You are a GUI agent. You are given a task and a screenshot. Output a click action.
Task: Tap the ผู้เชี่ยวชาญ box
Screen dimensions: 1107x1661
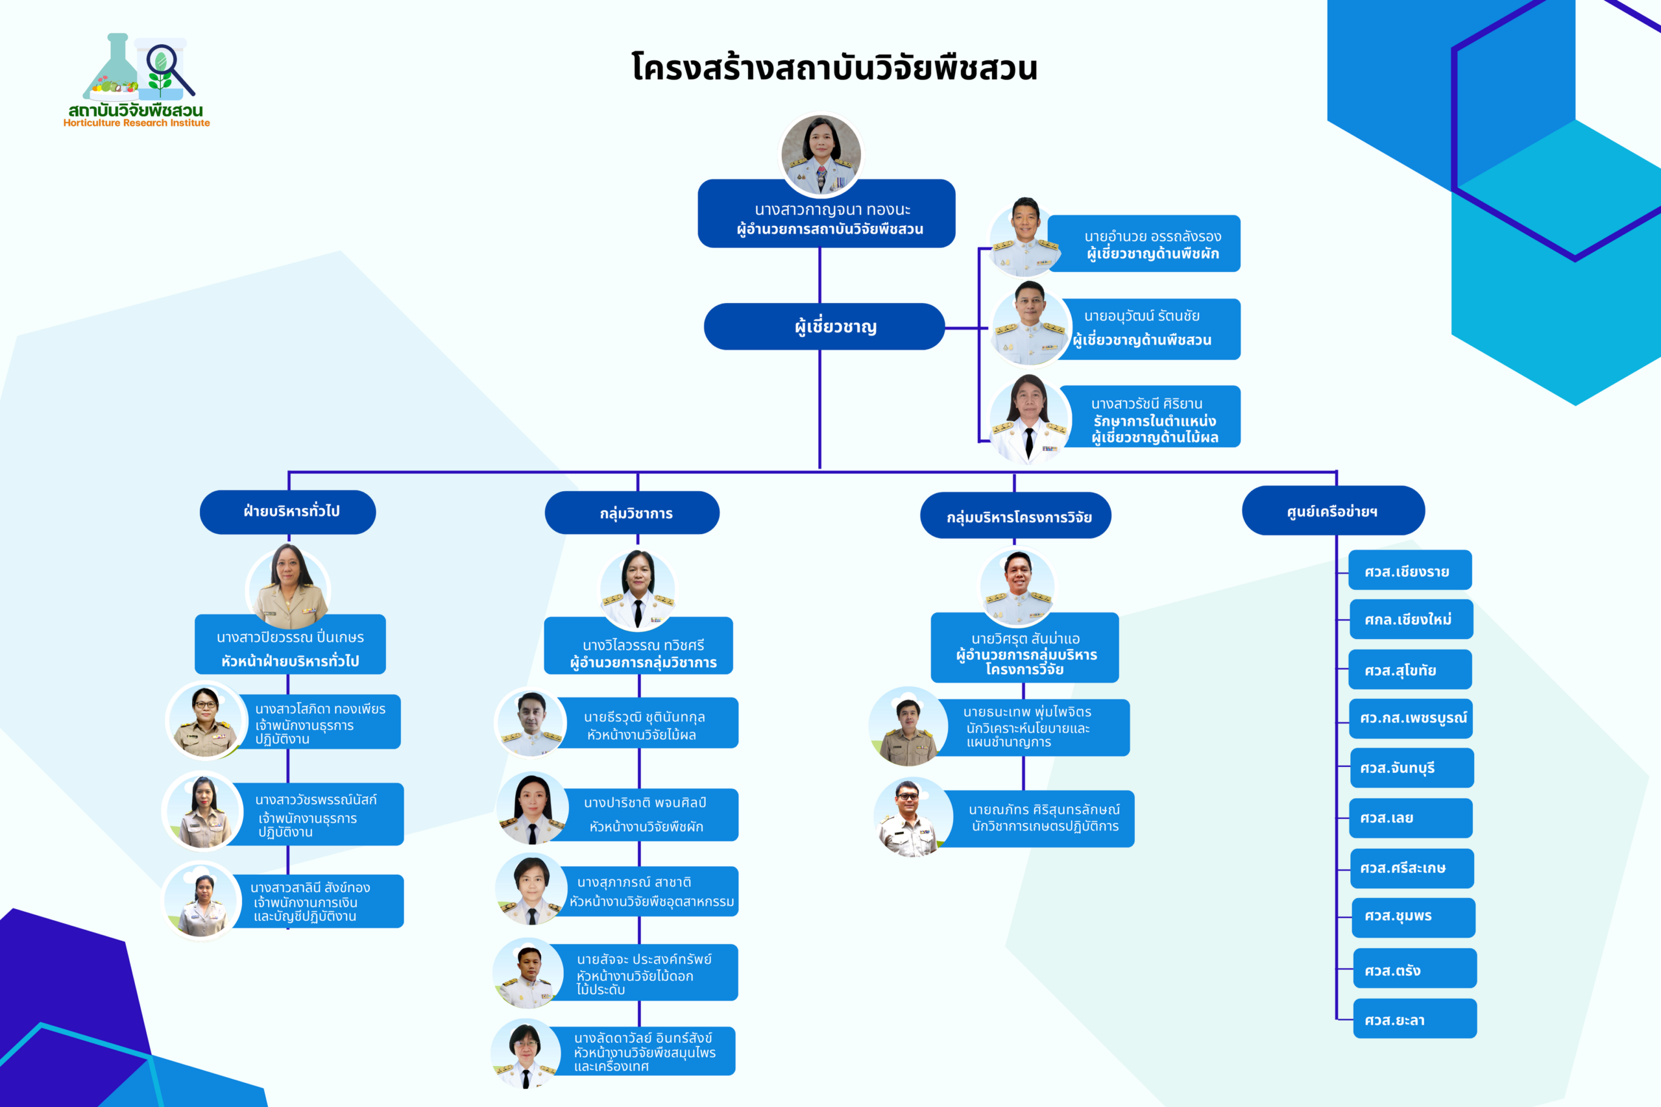(824, 327)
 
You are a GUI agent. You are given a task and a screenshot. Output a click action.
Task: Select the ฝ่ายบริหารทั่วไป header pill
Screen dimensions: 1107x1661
(288, 512)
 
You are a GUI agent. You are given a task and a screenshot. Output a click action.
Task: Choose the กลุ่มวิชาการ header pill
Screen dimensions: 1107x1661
(633, 513)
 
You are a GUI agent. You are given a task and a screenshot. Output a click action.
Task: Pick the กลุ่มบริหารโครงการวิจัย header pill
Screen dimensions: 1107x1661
(1016, 516)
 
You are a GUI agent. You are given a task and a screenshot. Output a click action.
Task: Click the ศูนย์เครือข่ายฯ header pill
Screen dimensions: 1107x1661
(1333, 511)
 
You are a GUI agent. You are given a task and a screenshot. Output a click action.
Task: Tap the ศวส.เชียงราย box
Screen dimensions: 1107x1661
(1410, 570)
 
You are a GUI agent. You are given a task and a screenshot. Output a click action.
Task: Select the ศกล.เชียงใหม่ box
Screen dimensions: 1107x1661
(1411, 619)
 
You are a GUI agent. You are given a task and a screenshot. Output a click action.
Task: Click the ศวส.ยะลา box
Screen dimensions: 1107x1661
(1414, 1019)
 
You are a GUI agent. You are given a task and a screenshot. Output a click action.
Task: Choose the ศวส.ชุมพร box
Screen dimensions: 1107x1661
(1413, 917)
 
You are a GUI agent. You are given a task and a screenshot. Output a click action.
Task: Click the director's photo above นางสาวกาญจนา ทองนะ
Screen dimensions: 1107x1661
(821, 155)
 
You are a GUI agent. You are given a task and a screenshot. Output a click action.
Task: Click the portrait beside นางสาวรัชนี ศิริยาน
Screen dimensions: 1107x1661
(1029, 419)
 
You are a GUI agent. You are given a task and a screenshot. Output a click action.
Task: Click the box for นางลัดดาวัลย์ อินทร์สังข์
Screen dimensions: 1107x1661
(644, 1051)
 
